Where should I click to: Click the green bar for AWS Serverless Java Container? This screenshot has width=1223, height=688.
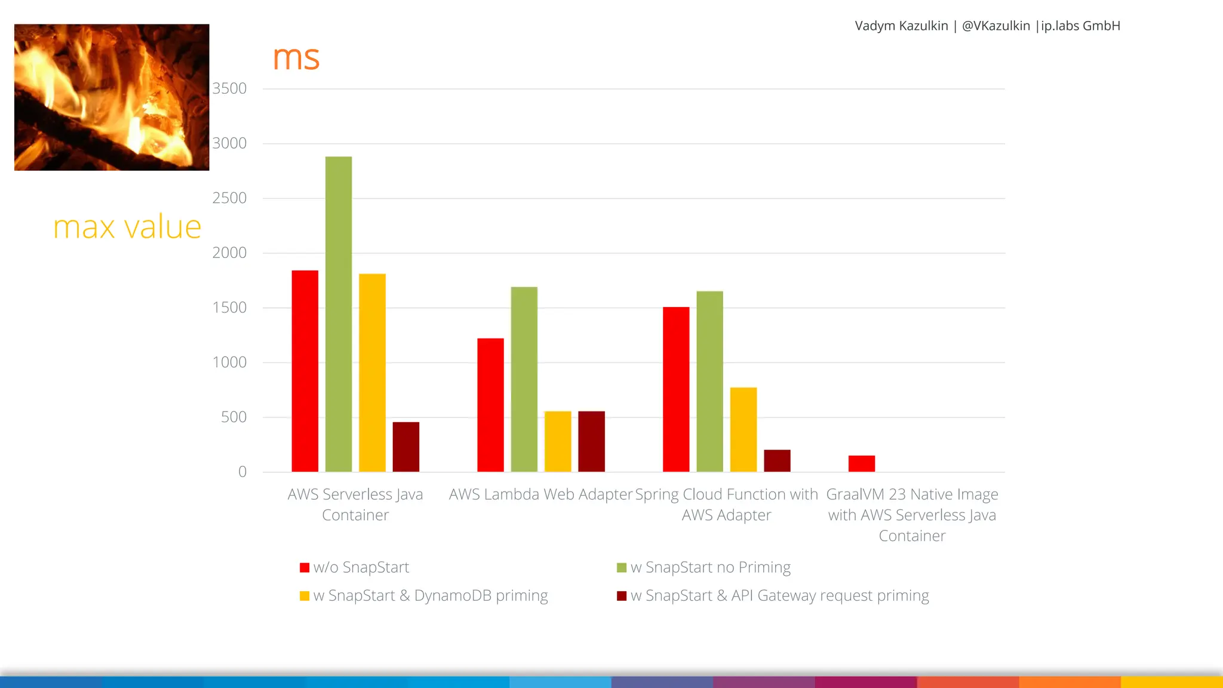pyautogui.click(x=339, y=314)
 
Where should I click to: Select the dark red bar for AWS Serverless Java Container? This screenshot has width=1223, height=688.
pyautogui.click(x=406, y=447)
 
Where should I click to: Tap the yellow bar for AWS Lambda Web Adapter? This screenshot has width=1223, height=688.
pyautogui.click(x=558, y=441)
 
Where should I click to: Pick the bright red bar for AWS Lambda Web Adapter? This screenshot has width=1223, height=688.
pyautogui.click(x=490, y=405)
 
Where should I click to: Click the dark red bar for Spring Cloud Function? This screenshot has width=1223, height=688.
pyautogui.click(x=777, y=460)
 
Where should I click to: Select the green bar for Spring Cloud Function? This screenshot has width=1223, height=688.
pyautogui.click(x=709, y=381)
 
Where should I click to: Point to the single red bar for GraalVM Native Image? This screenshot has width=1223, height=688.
pyautogui.click(x=862, y=463)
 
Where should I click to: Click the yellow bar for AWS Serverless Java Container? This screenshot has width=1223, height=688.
pyautogui.click(x=372, y=373)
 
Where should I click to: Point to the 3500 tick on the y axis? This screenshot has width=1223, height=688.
pyautogui.click(x=229, y=88)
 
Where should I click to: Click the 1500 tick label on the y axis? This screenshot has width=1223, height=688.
pyautogui.click(x=229, y=308)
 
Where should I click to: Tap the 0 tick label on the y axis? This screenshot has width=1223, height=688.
pyautogui.click(x=242, y=472)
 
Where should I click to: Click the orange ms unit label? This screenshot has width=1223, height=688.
pyautogui.click(x=296, y=58)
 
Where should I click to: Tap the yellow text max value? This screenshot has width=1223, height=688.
pyautogui.click(x=127, y=227)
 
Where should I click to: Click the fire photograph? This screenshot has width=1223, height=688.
pyautogui.click(x=112, y=97)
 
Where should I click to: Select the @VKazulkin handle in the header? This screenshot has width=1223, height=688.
pyautogui.click(x=995, y=26)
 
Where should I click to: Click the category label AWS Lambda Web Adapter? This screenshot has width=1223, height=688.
pyautogui.click(x=540, y=494)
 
